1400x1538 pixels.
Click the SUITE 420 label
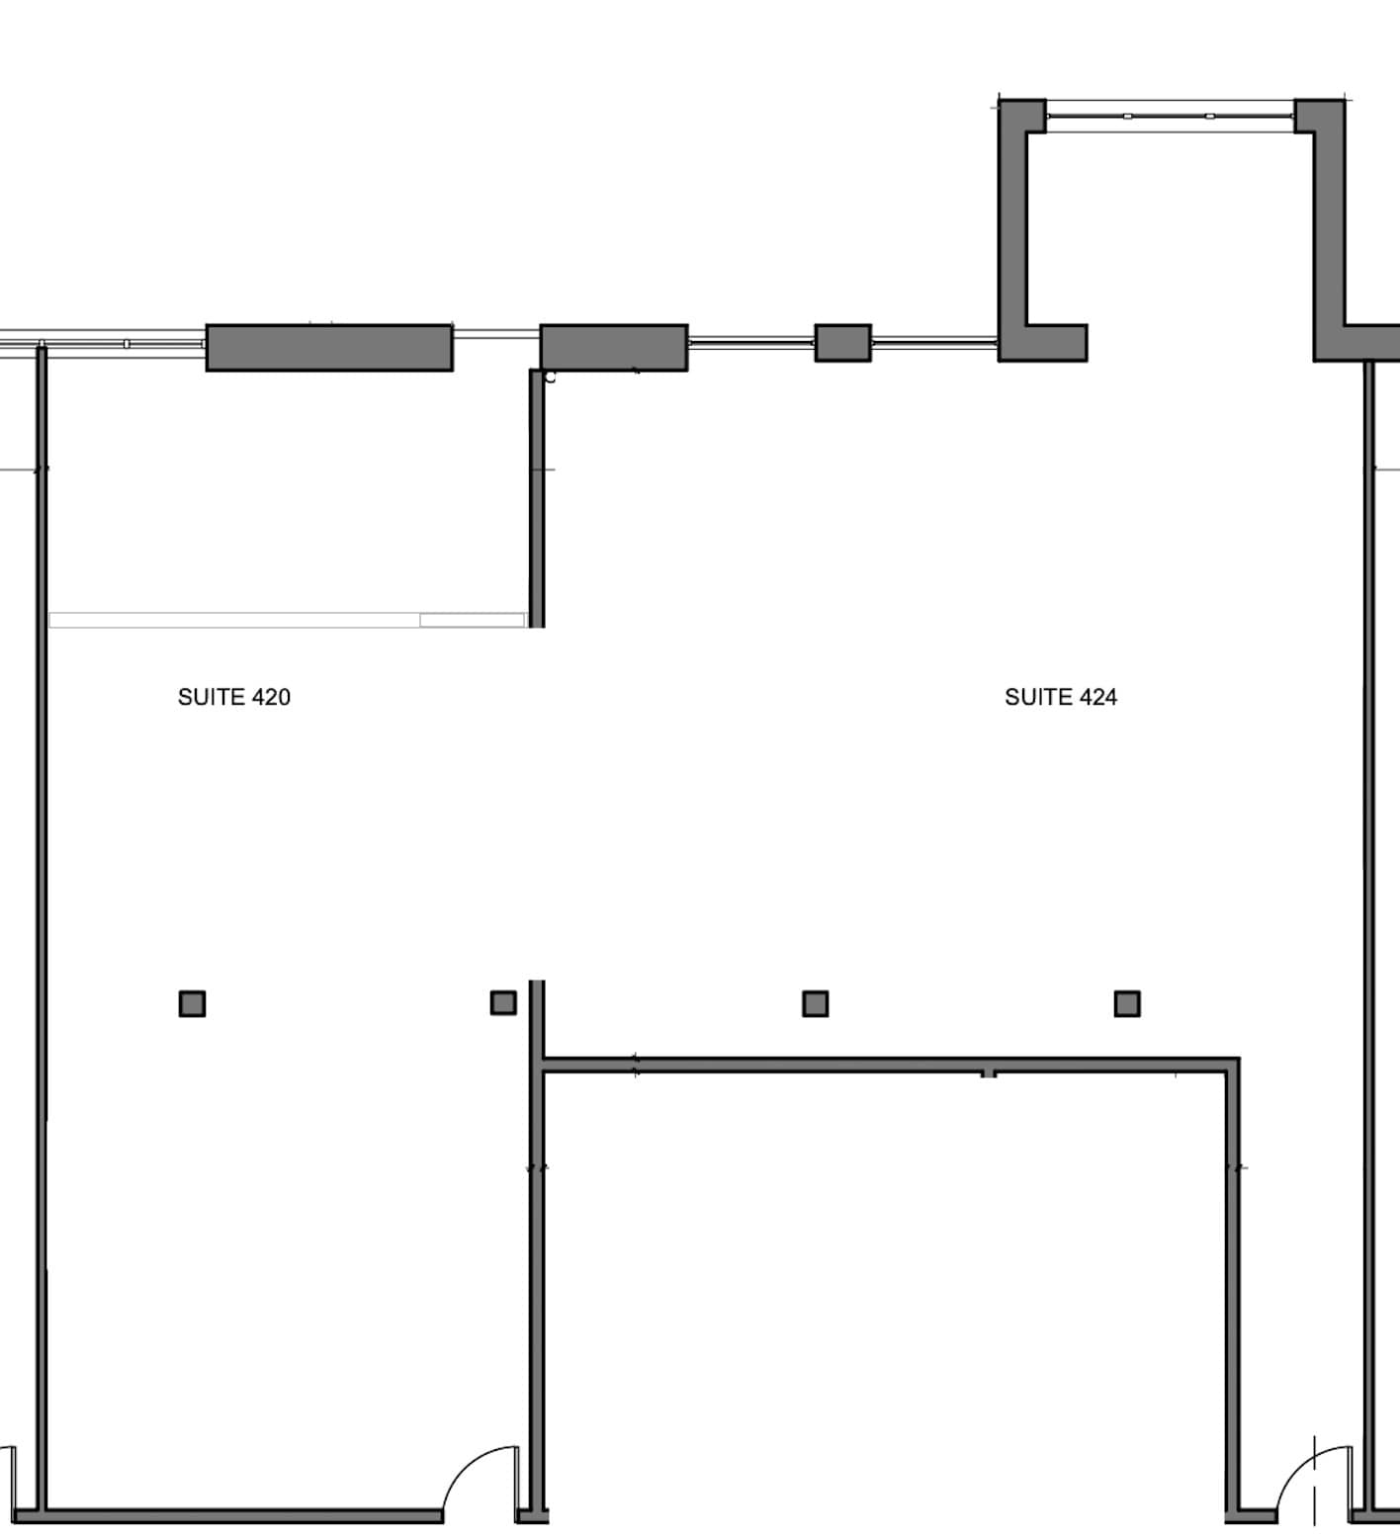(x=233, y=697)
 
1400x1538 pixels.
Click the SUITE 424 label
(x=1060, y=697)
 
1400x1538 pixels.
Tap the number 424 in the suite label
(x=1097, y=697)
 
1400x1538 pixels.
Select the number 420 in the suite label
(x=271, y=697)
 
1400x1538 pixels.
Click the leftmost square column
(x=192, y=1004)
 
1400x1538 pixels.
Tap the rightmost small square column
(x=1126, y=1004)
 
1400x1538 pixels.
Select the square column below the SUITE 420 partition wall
(x=503, y=1003)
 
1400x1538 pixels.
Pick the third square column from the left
(x=815, y=1004)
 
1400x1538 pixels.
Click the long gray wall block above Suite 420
(x=329, y=348)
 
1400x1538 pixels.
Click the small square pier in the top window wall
(x=842, y=343)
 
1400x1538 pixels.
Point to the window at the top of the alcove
(x=1170, y=116)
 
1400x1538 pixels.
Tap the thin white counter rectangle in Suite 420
(x=287, y=620)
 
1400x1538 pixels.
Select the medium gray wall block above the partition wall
(x=613, y=348)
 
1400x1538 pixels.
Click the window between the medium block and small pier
(x=750, y=343)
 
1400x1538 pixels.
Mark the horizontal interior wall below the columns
(x=890, y=1066)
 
